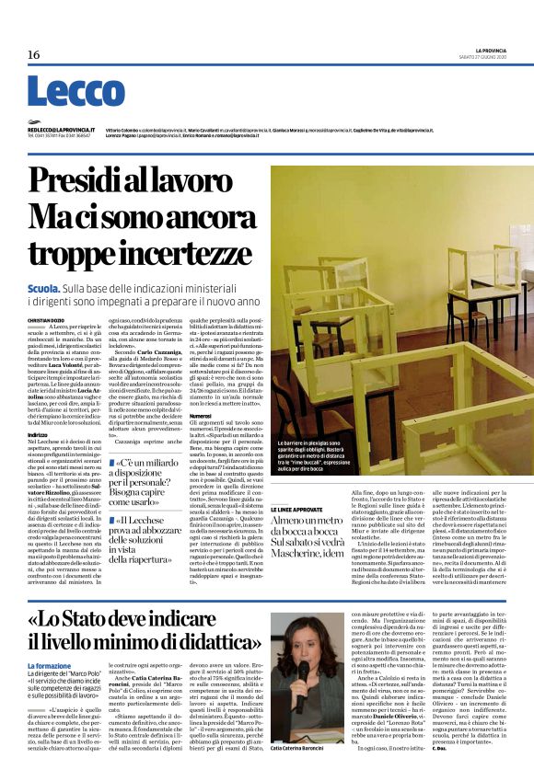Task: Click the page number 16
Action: click(33, 55)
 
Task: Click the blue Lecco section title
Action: click(63, 91)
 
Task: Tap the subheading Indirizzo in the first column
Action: click(38, 433)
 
